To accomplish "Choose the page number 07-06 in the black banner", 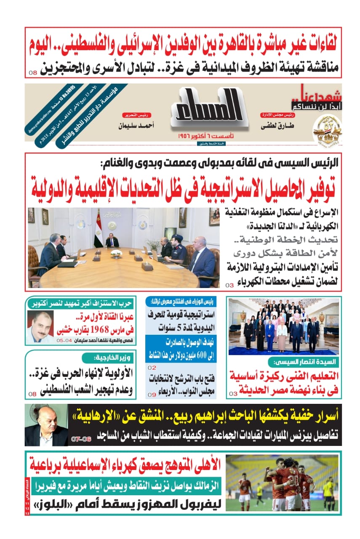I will pos(80,439).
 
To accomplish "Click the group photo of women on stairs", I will pos(283,326).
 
